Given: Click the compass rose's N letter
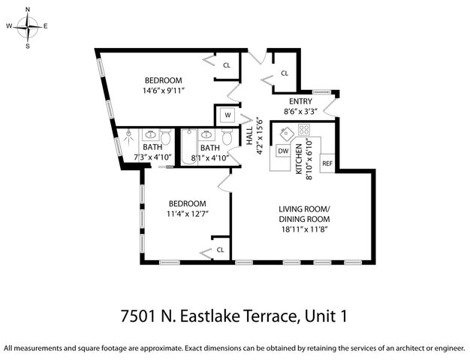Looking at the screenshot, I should click(x=28, y=10).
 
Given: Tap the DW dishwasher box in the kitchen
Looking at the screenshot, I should click(x=283, y=151).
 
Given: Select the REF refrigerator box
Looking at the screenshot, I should click(x=327, y=163).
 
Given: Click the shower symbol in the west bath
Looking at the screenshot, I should click(x=129, y=139).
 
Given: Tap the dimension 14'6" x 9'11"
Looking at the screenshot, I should click(x=163, y=91).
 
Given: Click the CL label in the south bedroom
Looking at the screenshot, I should click(x=221, y=250).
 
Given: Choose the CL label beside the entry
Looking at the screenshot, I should click(x=285, y=73).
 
